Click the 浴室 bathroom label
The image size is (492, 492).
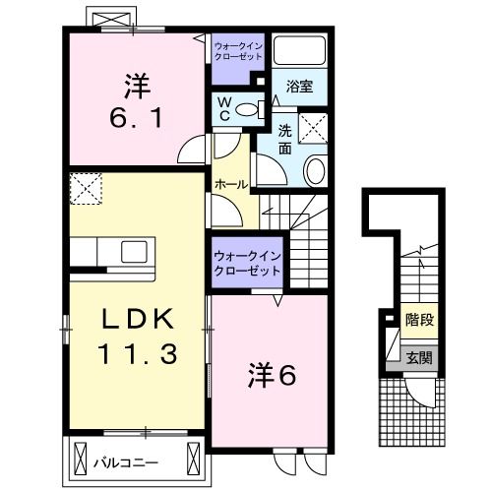pos(301,86)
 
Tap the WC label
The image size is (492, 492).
pos(223,109)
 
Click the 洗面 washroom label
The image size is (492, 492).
pos(284,140)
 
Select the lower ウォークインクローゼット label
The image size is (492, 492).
pos(247,263)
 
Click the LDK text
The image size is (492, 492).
pos(137,320)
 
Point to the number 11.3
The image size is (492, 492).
pos(137,352)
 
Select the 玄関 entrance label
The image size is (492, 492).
pos(419,358)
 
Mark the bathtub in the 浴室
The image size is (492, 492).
pos(301,50)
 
